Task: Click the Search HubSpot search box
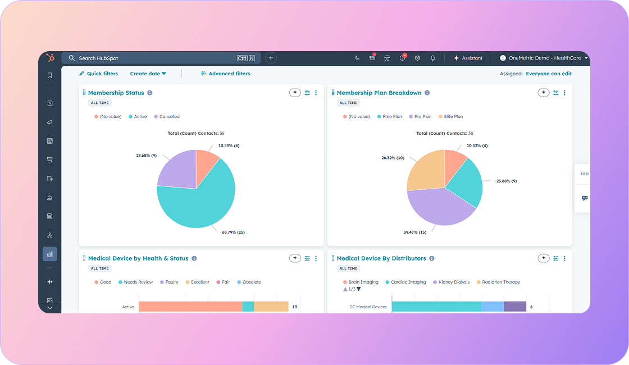coord(152,58)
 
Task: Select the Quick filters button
coord(99,74)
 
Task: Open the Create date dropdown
coord(148,74)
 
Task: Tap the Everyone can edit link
coord(548,74)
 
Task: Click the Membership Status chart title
coord(116,93)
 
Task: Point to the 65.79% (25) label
coord(233,232)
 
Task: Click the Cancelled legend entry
coord(169,117)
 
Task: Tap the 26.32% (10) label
coord(393,158)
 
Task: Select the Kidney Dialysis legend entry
coord(454,282)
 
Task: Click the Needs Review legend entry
coord(138,282)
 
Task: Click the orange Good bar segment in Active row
coord(190,307)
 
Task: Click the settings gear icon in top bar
coord(417,58)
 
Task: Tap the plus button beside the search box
coord(271,58)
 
